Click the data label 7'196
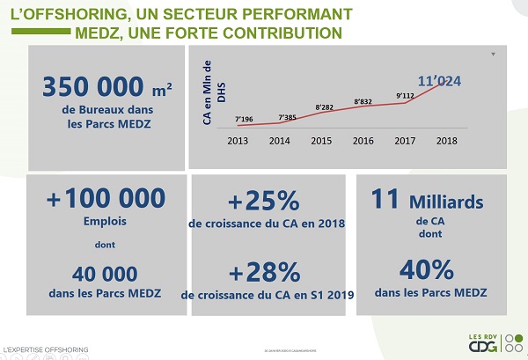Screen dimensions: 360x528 [x=245, y=119]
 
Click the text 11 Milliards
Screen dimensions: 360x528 [x=427, y=202]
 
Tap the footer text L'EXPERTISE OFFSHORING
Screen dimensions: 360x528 [x=46, y=351]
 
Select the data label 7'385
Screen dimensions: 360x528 [x=287, y=116]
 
